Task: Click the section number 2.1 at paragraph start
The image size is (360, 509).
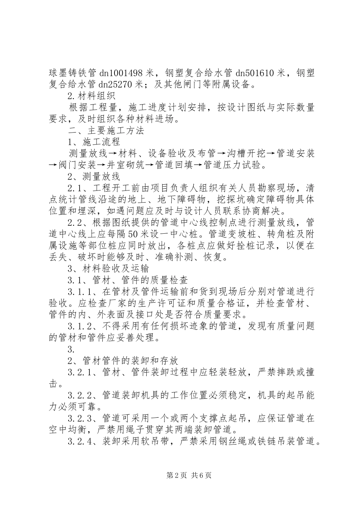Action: [x=76, y=188]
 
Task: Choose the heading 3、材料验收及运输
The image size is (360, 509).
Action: [x=108, y=269]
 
